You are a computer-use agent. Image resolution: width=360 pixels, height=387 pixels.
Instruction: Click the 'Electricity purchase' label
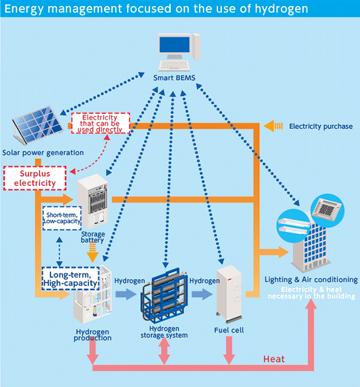tap(321, 126)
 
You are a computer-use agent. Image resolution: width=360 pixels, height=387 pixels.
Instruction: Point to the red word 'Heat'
tap(273, 359)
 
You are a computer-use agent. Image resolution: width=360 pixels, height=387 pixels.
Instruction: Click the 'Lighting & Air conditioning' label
tap(311, 280)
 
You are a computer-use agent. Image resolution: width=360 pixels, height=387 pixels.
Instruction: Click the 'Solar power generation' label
tap(42, 153)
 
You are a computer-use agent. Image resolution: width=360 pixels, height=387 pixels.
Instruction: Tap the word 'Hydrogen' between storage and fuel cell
tap(204, 280)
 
